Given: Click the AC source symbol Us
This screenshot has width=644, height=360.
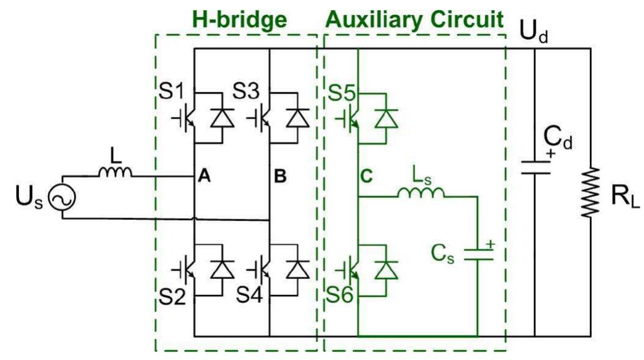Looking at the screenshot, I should coord(62,199).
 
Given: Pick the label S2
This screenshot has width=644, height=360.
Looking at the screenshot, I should coord(171,299).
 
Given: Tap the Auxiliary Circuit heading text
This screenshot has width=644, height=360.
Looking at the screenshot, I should coord(415,19).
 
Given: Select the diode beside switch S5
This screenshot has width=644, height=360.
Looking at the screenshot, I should coord(386,118).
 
